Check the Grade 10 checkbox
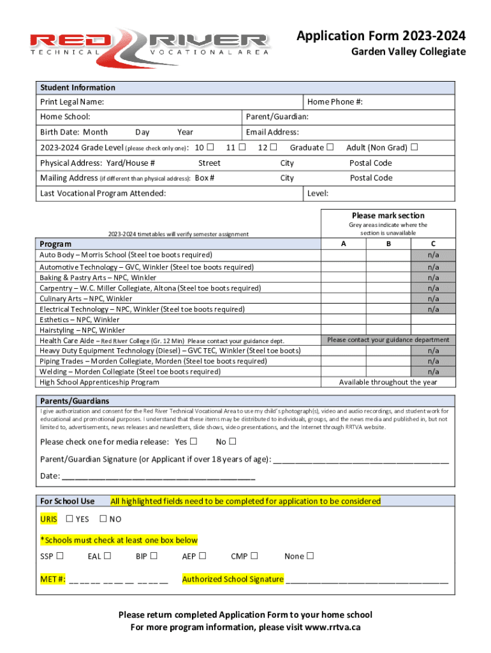[210, 147]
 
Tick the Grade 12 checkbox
[273, 147]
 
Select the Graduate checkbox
[330, 147]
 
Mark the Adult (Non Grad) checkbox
[414, 147]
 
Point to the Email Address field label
[272, 132]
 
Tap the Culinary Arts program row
[86, 298]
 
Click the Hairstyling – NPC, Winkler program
[82, 330]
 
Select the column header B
[389, 244]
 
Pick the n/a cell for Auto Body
[433, 255]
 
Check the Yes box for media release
[193, 441]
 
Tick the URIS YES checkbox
[70, 518]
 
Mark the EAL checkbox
[108, 556]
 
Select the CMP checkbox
[254, 556]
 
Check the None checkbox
[310, 556]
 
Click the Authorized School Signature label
[233, 579]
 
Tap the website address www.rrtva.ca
[333, 627]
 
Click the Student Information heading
[78, 87]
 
